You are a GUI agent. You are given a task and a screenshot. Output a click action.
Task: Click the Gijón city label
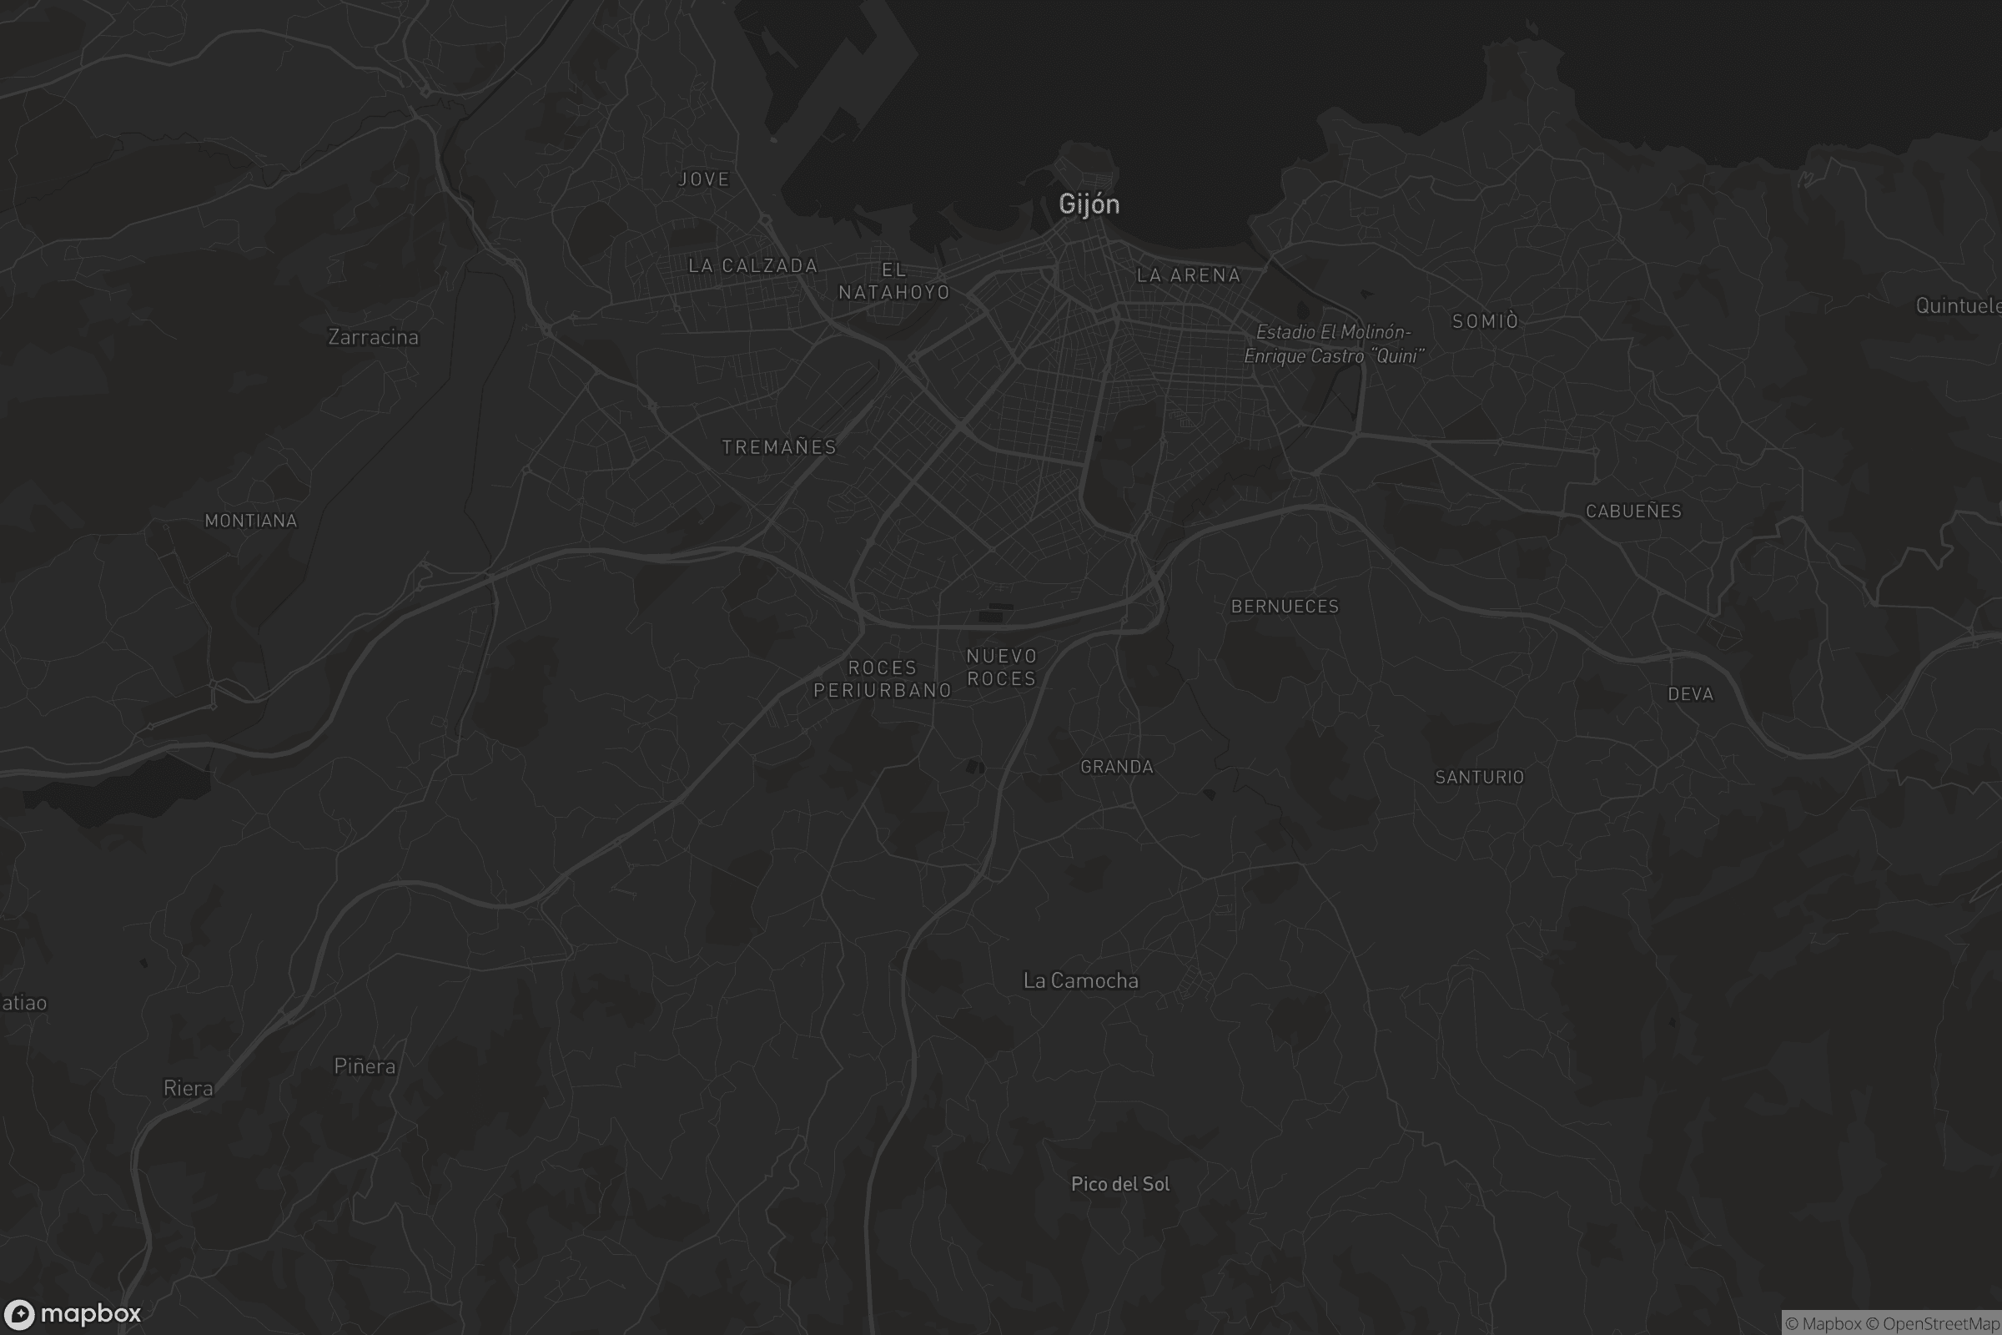pos(1089,204)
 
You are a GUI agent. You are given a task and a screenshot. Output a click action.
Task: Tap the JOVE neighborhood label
pos(704,179)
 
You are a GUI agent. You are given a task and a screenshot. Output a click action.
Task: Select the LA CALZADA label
pos(752,265)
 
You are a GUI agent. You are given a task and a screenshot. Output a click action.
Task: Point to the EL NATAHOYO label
pos(893,281)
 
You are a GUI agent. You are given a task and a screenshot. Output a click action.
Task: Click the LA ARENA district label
pos(1188,275)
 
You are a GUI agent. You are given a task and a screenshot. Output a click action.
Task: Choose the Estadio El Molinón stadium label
pos(1334,344)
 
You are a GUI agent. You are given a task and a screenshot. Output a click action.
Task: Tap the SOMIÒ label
pos(1486,321)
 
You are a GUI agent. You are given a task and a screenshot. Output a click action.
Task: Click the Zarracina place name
pos(373,337)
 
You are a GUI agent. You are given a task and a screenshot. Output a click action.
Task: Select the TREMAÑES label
pos(779,447)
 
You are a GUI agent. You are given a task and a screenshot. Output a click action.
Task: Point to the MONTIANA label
pos(251,521)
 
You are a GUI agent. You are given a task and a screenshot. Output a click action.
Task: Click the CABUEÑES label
pos(1633,511)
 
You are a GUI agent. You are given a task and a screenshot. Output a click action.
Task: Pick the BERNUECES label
pos(1285,607)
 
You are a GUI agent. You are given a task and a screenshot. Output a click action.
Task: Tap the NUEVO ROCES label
pos(1002,667)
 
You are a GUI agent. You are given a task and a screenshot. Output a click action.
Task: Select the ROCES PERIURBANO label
pos(882,678)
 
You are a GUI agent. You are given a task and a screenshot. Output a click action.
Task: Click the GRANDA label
pos(1117,767)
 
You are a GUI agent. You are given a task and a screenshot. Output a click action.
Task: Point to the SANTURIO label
pos(1479,777)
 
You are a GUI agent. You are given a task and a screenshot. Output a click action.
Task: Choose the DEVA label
pos(1691,694)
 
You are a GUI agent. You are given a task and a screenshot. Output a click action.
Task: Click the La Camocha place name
pos(1080,981)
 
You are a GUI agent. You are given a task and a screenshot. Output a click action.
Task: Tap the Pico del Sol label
pos(1120,1183)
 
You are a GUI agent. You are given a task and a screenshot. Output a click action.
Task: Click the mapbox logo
pos(73,1313)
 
